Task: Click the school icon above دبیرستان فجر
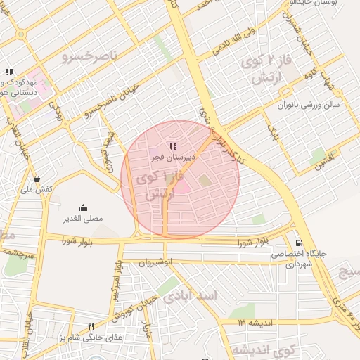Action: click(x=174, y=146)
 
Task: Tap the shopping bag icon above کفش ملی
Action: click(x=37, y=178)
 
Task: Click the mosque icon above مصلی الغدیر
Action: click(x=84, y=207)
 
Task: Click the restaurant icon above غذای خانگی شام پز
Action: click(x=91, y=326)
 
